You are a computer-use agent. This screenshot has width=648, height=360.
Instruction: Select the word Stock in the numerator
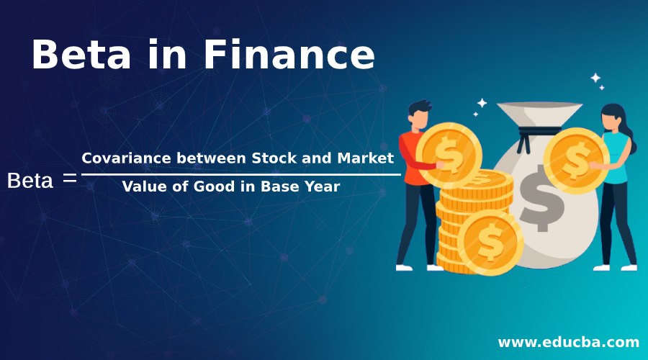pyautogui.click(x=271, y=158)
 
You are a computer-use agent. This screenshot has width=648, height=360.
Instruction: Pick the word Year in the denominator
pyautogui.click(x=322, y=186)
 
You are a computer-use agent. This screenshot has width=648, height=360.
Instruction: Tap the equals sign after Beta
pyautogui.click(x=70, y=179)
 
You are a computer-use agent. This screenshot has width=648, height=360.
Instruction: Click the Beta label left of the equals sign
pyautogui.click(x=30, y=181)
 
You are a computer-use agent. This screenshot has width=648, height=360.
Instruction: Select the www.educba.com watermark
pyautogui.click(x=568, y=341)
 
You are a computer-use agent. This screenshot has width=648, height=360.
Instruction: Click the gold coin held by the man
pyautogui.click(x=450, y=153)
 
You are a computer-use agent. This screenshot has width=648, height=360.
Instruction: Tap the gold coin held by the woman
pyautogui.click(x=576, y=161)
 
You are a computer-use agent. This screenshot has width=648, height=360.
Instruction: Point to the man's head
pyautogui.click(x=419, y=113)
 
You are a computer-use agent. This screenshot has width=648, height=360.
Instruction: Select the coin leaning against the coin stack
pyautogui.click(x=490, y=244)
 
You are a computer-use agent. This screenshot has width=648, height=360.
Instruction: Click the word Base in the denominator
pyautogui.click(x=276, y=186)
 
